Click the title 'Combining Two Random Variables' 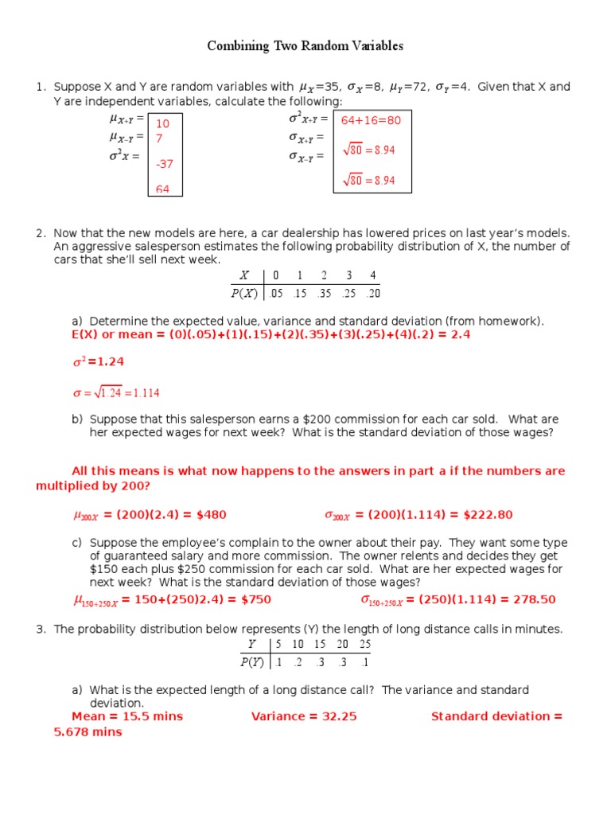click(305, 46)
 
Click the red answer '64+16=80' click(371, 121)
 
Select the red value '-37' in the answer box click(165, 164)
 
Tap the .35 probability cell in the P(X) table click(325, 293)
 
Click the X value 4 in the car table click(372, 275)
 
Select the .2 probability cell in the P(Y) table click(298, 661)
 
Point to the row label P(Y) click(251, 661)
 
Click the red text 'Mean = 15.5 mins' click(127, 716)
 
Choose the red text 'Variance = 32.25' click(304, 716)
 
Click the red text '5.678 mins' click(88, 731)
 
